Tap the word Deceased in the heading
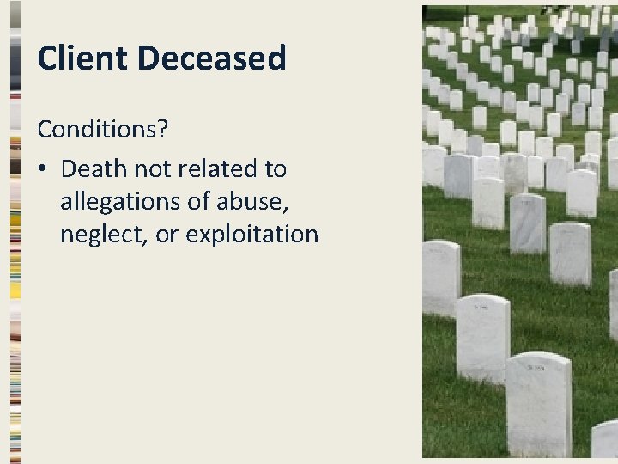click(211, 58)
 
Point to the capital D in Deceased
click(148, 58)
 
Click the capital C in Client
click(48, 58)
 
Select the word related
click(215, 168)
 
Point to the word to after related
click(276, 168)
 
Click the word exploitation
click(252, 234)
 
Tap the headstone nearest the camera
click(538, 404)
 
